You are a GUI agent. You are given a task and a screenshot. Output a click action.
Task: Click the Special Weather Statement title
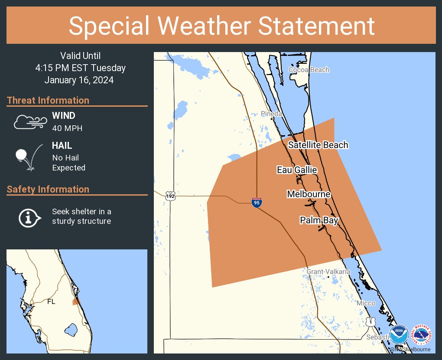[221, 26]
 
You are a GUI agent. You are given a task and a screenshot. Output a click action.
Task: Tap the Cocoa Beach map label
[309, 70]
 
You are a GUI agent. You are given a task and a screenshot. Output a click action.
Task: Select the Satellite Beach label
[318, 145]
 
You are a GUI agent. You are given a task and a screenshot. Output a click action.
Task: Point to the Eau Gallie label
[297, 170]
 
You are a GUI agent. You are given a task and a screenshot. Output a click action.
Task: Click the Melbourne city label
[309, 194]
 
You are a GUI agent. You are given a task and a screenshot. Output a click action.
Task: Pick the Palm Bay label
[319, 221]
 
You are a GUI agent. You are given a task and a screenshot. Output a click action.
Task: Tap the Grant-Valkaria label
[328, 272]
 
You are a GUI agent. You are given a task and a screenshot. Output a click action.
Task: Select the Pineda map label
[272, 114]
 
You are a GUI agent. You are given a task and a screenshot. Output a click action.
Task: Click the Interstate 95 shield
[257, 202]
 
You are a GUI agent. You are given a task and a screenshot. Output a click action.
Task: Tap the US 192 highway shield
[170, 196]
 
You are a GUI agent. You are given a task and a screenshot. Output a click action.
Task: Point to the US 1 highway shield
[370, 321]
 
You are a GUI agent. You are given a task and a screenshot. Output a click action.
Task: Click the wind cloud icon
[30, 122]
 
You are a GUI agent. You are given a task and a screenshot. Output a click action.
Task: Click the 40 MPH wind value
[67, 128]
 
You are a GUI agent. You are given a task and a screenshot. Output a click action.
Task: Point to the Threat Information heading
[48, 100]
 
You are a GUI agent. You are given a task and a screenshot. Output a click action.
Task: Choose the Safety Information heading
[48, 189]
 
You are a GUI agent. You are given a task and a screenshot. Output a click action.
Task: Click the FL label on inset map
[51, 302]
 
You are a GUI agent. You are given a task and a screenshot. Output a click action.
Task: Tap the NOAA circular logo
[399, 336]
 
